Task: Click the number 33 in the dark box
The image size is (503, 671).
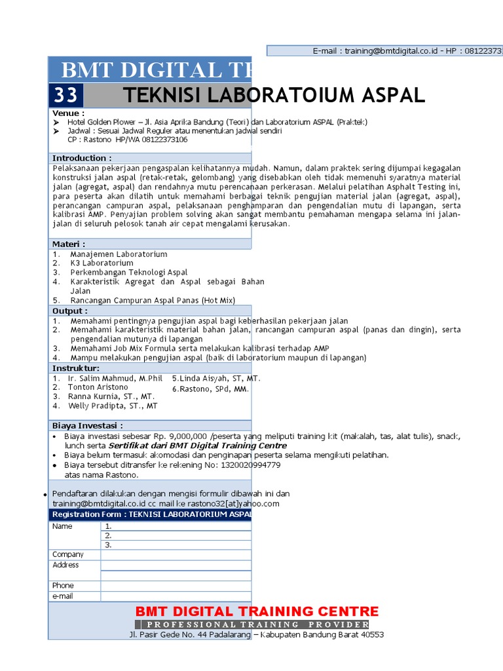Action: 65,96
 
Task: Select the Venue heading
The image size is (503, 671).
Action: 69,113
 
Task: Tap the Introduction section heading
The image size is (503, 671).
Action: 82,158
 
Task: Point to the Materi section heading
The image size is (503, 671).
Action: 69,244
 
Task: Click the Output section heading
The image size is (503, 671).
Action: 70,311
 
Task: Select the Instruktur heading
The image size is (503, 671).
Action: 76,368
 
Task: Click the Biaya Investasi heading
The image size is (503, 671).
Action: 88,425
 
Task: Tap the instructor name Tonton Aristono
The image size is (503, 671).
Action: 98,387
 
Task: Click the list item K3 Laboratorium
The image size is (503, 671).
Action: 102,263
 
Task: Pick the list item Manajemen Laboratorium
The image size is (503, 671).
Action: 119,254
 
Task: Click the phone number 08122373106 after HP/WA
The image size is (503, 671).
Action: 161,140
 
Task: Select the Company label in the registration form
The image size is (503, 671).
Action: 68,554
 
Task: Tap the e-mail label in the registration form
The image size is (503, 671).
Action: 63,596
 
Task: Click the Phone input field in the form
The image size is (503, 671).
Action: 176,586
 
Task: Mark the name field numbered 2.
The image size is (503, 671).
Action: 176,535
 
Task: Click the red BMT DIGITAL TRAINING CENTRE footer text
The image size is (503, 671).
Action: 257,611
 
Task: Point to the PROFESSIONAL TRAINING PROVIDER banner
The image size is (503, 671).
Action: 252,624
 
